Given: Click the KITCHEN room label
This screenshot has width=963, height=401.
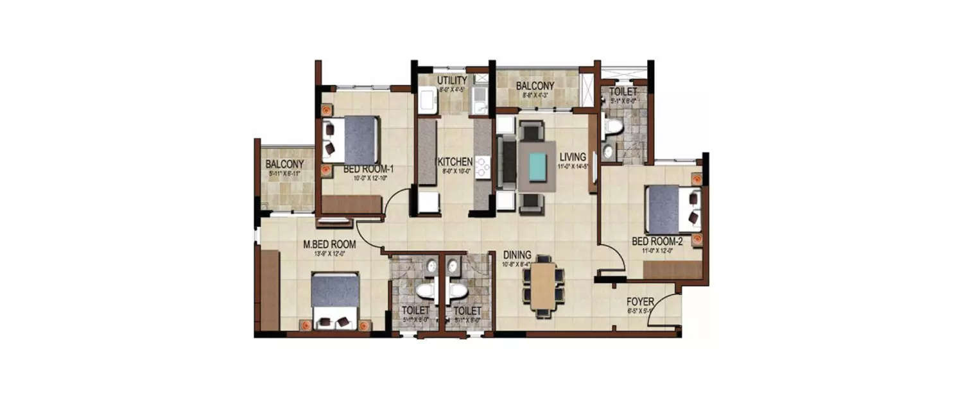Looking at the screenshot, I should click(455, 162).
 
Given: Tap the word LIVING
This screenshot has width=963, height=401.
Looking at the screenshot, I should click(572, 157).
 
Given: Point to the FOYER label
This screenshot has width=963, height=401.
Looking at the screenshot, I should click(640, 302).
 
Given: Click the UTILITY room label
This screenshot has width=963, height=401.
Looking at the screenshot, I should click(452, 80).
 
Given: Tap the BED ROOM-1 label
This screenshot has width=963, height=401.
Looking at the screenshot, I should click(369, 169).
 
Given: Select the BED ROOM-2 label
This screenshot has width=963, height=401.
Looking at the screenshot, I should click(657, 241).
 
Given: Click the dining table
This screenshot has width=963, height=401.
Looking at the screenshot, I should click(543, 286).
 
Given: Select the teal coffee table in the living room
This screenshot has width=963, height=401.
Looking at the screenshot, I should click(535, 166).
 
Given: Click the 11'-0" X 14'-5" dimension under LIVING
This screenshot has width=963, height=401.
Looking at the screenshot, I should click(573, 167).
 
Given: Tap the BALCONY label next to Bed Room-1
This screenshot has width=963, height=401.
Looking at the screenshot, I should click(284, 164).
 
